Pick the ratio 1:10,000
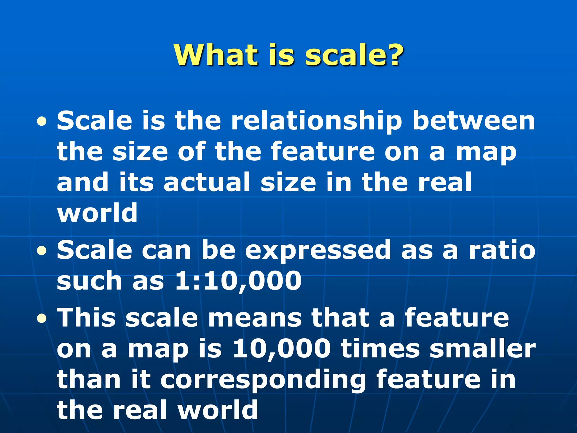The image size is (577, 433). click(x=238, y=281)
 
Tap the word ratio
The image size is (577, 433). click(x=502, y=250)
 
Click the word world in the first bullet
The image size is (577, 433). click(x=97, y=213)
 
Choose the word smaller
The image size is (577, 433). click(x=482, y=349)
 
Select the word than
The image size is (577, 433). click(x=89, y=379)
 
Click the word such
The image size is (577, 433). click(x=90, y=281)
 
